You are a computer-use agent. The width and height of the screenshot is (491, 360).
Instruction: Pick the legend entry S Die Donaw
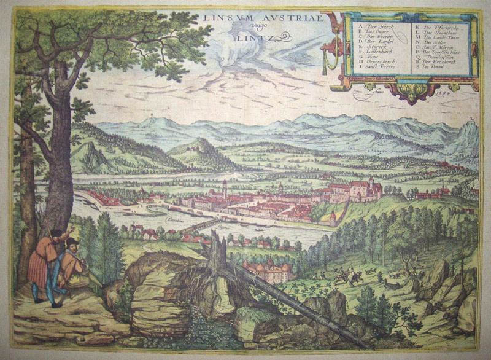click(x=436, y=71)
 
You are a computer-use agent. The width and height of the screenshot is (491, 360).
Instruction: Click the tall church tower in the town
click(x=225, y=188)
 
